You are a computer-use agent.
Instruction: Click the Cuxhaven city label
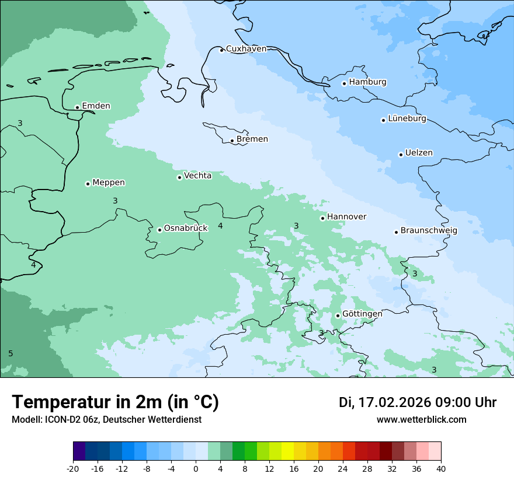point(246,49)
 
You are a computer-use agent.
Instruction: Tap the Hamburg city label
point(367,82)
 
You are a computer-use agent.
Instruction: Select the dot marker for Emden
point(77,107)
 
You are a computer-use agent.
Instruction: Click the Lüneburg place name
point(407,119)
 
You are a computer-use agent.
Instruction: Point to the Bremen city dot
point(232,141)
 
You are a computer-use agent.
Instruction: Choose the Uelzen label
point(419,153)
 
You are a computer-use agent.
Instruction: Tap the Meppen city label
point(109,183)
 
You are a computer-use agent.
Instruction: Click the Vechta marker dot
point(179,177)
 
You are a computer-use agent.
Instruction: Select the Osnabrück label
point(186,229)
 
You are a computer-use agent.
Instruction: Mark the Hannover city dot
point(322,218)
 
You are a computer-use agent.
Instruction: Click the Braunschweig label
point(429,231)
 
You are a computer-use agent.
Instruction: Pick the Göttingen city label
point(362,314)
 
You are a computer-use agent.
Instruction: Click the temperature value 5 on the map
point(11,354)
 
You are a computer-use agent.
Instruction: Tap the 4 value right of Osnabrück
point(220,226)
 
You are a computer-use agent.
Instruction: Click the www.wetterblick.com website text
point(421,420)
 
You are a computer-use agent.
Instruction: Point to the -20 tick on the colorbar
point(73,469)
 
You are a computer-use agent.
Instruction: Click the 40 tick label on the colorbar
point(441,469)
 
